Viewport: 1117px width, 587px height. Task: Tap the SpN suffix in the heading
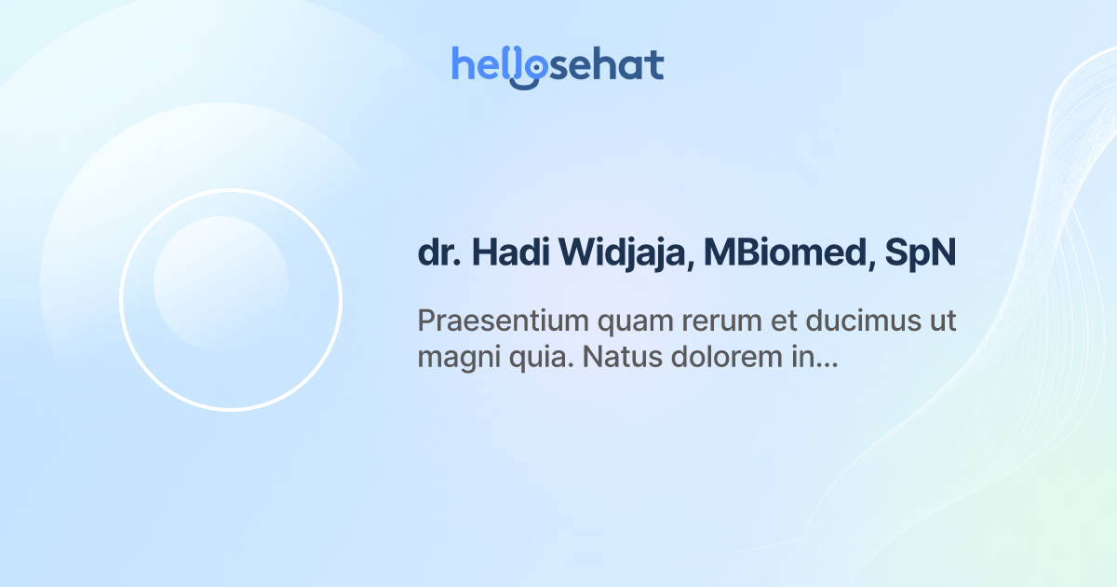921,253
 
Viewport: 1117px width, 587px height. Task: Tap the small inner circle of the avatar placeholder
221,283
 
